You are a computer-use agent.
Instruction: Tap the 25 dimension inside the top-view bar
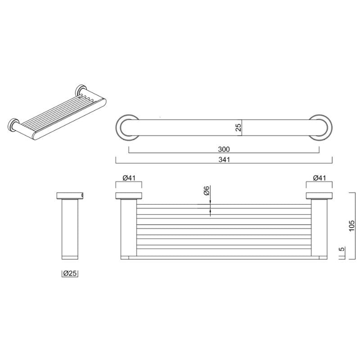click(x=239, y=127)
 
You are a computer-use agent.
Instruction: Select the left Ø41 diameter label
click(x=129, y=178)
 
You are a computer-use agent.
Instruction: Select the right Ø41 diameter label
click(x=319, y=178)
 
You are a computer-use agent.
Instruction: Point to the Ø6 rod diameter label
click(x=205, y=191)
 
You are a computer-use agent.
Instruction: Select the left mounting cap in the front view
click(x=129, y=195)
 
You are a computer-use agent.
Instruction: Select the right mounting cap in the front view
click(x=319, y=195)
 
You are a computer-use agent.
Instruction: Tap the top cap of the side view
click(x=71, y=195)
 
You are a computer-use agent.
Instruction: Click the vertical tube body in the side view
click(x=71, y=227)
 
